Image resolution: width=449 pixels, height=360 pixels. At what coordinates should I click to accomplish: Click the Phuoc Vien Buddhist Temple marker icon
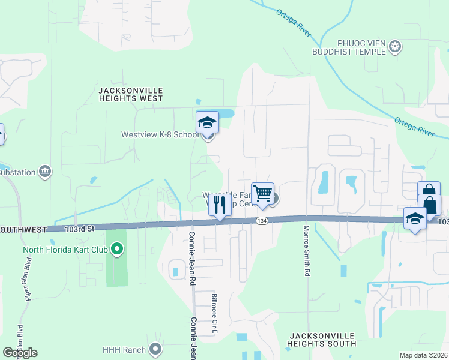click(x=395, y=46)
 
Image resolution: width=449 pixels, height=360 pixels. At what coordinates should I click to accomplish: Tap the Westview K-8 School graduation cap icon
click(x=207, y=122)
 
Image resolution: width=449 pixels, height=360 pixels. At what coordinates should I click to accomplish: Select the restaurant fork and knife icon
click(x=220, y=205)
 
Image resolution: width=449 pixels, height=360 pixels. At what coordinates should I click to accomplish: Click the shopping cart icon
click(x=262, y=194)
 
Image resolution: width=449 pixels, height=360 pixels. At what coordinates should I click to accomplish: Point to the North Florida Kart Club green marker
click(x=118, y=248)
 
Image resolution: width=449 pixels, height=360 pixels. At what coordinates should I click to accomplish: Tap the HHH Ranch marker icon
click(x=155, y=348)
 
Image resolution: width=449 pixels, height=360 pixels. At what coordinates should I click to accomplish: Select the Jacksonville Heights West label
click(x=130, y=94)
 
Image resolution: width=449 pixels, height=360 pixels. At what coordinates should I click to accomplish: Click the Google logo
click(x=20, y=353)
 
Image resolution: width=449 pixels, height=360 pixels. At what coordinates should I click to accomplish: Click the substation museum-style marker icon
click(x=44, y=172)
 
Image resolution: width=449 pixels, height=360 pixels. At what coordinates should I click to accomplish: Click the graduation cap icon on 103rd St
click(x=415, y=219)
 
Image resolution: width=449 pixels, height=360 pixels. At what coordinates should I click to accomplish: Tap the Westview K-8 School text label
click(x=160, y=134)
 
